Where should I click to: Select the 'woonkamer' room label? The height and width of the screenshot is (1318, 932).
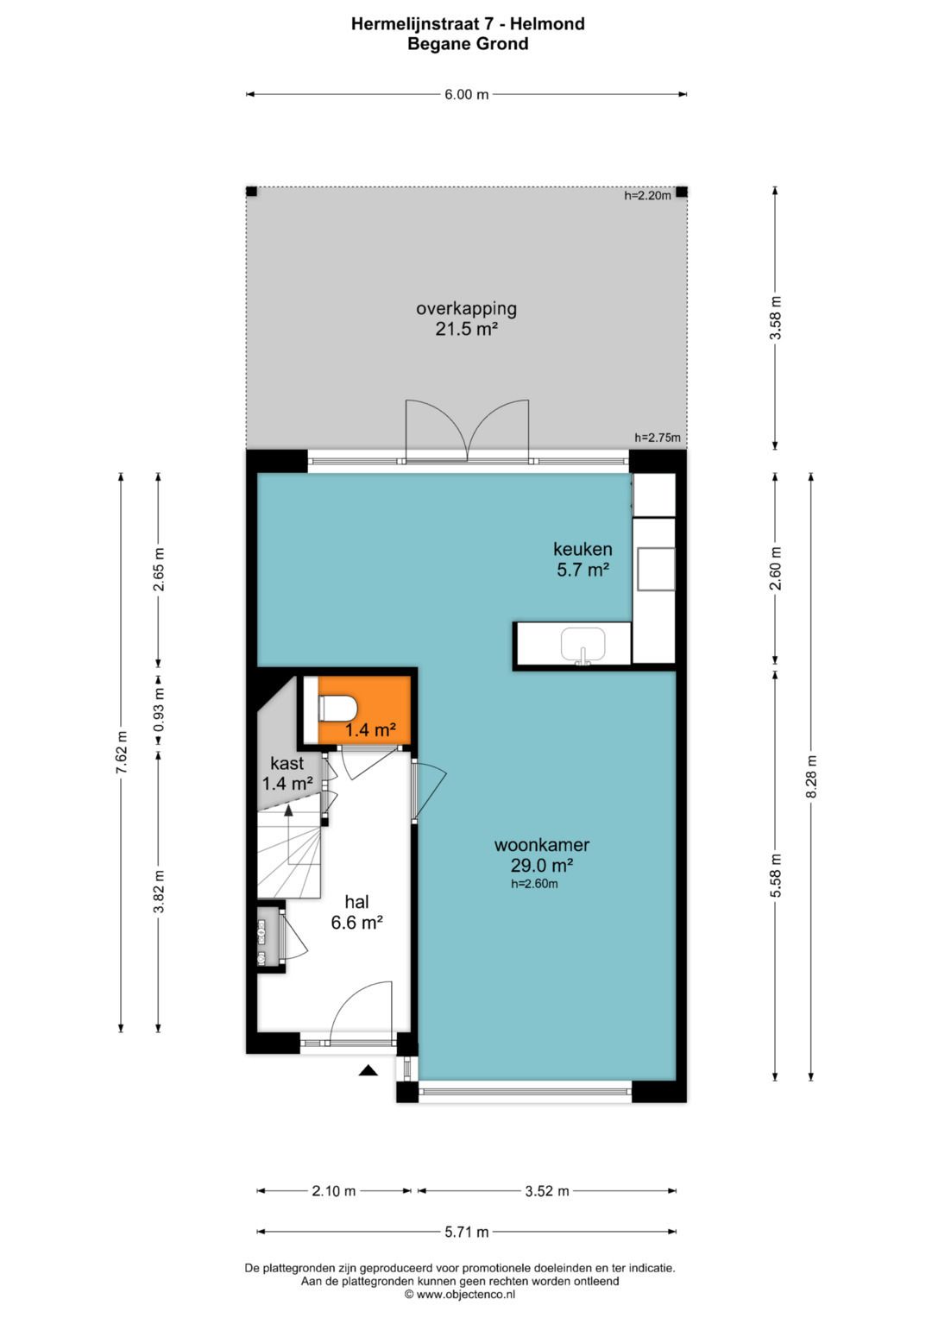541,845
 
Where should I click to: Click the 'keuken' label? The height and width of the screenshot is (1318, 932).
582,549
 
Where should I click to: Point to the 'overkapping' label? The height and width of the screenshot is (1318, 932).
466,309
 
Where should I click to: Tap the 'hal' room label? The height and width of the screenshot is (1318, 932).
356,902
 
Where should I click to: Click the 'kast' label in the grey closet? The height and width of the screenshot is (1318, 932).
287,763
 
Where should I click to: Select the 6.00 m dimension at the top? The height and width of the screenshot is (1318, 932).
467,95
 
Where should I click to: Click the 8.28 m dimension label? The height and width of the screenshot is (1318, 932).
811,777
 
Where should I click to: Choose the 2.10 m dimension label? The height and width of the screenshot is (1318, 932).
334,1191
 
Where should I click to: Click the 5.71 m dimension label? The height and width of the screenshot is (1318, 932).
467,1232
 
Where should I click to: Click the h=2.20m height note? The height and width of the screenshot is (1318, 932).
647,196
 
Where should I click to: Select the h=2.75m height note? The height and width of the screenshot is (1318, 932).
658,438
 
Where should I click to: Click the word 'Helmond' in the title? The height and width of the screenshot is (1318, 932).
547,24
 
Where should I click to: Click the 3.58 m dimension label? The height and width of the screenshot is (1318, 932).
776,318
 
